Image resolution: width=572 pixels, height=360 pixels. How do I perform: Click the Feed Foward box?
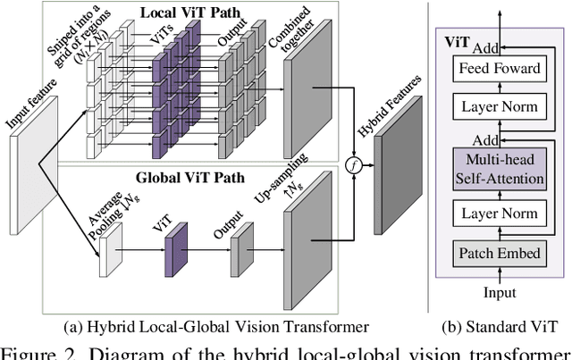tap(500, 69)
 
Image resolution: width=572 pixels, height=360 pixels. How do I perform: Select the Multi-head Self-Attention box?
tap(500, 170)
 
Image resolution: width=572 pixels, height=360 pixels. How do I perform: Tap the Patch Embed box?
tap(500, 253)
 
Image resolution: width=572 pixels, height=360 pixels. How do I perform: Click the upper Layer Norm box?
tap(500, 107)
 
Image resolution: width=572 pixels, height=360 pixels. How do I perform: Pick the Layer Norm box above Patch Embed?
tap(500, 213)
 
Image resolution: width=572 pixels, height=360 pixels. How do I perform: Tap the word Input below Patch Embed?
tap(500, 292)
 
